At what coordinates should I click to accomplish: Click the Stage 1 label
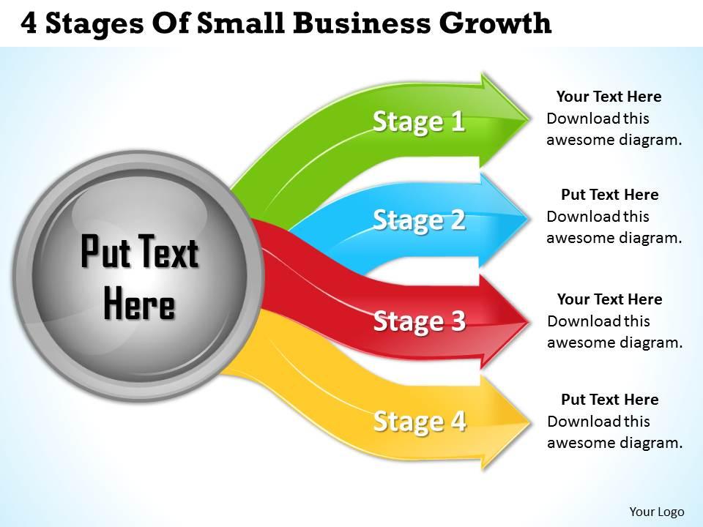pos(419,122)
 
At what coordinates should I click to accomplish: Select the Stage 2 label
pos(419,220)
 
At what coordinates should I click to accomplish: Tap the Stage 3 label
pos(420,321)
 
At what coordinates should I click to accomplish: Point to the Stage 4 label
pos(420,422)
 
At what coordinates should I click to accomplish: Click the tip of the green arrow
pos(529,119)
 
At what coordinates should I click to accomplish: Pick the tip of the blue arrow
pos(529,218)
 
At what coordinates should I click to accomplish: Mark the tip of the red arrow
pos(529,321)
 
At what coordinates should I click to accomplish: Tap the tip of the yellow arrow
pos(530,422)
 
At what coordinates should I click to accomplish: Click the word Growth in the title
pos(495,23)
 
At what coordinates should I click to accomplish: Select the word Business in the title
pos(361,23)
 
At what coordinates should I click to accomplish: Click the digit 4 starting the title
pos(29,23)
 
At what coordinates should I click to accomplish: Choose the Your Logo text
pos(656,512)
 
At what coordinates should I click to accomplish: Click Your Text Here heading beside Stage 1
pos(609,97)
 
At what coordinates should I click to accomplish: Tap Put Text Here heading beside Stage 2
pos(610,195)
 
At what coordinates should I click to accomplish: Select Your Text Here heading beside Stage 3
pos(610,299)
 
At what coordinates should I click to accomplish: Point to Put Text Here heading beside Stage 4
pos(610,400)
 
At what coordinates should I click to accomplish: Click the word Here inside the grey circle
pos(139,303)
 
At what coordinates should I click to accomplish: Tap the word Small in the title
pos(241,23)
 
